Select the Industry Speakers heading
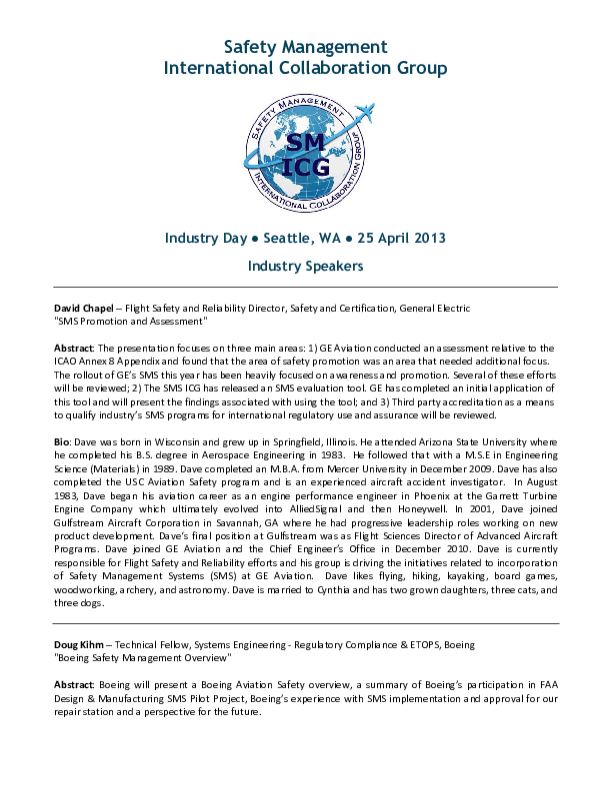tap(305, 267)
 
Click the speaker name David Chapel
tap(84, 310)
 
